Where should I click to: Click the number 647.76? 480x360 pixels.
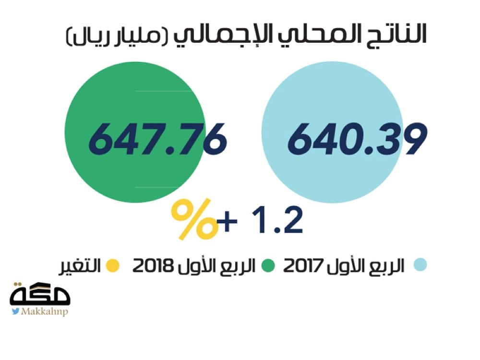click(157, 139)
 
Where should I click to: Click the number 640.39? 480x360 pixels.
click(357, 139)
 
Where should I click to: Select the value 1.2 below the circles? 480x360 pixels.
click(280, 221)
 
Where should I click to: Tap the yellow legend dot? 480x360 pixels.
click(113, 265)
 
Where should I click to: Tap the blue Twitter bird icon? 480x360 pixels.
click(16, 312)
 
